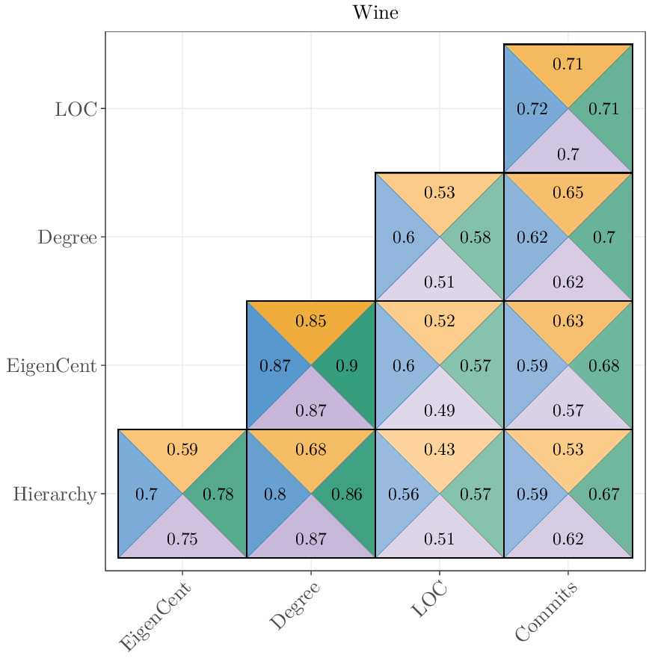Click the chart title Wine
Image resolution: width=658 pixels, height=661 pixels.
[375, 13]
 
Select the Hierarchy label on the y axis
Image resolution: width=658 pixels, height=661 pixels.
[55, 494]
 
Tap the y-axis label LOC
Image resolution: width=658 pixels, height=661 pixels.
[76, 109]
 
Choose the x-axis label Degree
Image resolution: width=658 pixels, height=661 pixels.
[295, 606]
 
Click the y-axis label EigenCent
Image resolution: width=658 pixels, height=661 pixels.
[52, 366]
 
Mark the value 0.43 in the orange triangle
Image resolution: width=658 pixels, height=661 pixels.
[440, 450]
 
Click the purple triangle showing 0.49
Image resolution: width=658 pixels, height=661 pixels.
[440, 411]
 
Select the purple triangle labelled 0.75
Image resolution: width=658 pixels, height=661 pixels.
[182, 539]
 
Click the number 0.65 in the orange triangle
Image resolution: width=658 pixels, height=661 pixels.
[568, 193]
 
